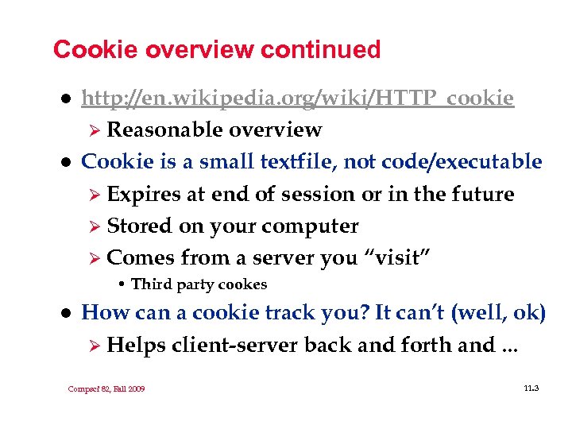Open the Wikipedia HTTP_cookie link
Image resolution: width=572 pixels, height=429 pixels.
click(298, 98)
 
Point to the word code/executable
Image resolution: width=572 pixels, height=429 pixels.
click(462, 162)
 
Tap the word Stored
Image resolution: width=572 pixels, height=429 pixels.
click(140, 226)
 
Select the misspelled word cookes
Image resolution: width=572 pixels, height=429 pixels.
click(243, 284)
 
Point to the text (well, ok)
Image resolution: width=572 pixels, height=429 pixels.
click(498, 313)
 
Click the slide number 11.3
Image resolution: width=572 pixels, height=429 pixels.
click(531, 388)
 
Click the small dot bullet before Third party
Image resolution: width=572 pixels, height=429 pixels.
click(122, 284)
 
